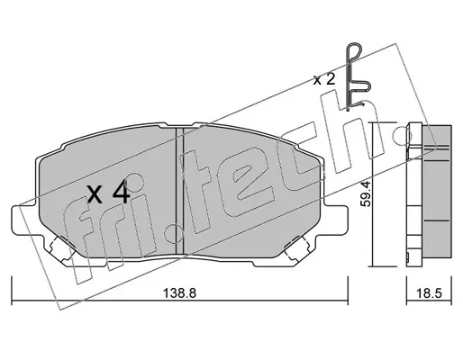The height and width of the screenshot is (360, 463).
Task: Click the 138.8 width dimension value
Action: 179,293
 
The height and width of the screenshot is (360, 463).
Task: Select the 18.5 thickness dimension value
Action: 429,293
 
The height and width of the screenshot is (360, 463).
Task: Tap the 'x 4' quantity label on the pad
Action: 109,193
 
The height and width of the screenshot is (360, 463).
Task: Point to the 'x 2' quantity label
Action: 324,79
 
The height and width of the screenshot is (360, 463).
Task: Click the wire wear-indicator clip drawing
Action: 358,76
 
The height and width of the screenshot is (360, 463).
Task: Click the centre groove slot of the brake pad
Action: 179,192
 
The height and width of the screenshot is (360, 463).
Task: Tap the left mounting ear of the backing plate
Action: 25,220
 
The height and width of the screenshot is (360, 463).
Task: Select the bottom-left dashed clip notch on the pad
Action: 62,248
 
